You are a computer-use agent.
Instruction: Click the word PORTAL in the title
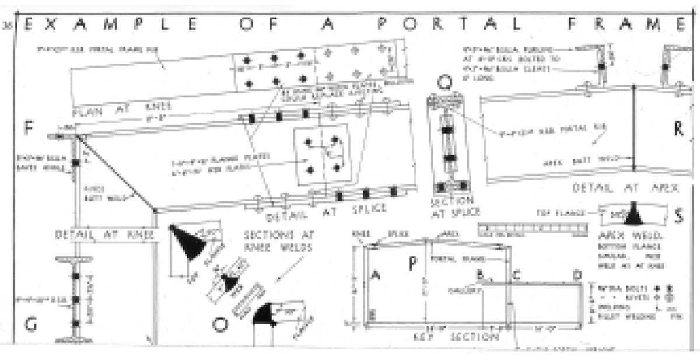pyautogui.click(x=466, y=25)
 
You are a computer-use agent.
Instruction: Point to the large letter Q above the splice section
pyautogui.click(x=445, y=84)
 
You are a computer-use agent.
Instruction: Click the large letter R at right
pyautogui.click(x=678, y=129)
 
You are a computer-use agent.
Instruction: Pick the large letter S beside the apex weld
pyautogui.click(x=678, y=216)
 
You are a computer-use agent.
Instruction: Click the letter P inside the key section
pyautogui.click(x=412, y=264)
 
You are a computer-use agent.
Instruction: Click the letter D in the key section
pyautogui.click(x=577, y=275)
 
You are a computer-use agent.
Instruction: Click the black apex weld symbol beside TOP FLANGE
pyautogui.click(x=632, y=215)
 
